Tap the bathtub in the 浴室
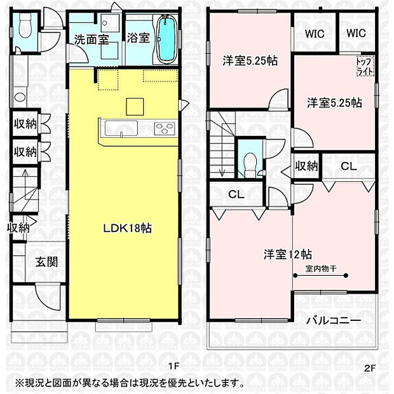coord(166,39)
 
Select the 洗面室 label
coord(91,39)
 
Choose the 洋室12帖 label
coord(287,254)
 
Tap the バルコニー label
coord(336,320)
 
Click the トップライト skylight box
coord(366,65)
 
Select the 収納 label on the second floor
coord(306,166)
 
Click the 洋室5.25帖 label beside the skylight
coord(335,102)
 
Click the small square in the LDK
coord(134,105)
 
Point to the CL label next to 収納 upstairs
coord(348,166)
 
